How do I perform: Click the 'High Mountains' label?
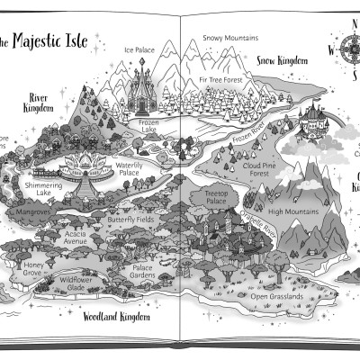[x=289, y=212]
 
